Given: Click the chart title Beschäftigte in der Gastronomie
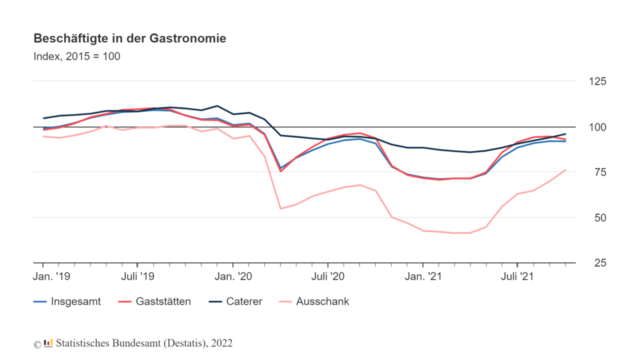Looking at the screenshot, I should pyautogui.click(x=129, y=38).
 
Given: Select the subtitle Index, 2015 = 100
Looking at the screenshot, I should pyautogui.click(x=76, y=56).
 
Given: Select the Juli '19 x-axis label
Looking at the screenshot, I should pyautogui.click(x=137, y=276).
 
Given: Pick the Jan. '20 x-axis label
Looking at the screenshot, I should pyautogui.click(x=232, y=276).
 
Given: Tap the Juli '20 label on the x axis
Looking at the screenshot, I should pyautogui.click(x=327, y=276).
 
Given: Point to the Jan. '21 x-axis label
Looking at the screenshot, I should pyautogui.click(x=422, y=276).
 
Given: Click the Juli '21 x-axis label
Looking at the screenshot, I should pyautogui.click(x=517, y=276).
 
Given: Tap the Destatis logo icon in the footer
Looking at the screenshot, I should pyautogui.click(x=48, y=343).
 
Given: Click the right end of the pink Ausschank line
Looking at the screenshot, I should pyautogui.click(x=565, y=170).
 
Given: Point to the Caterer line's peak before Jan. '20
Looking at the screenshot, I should pyautogui.click(x=217, y=106).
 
